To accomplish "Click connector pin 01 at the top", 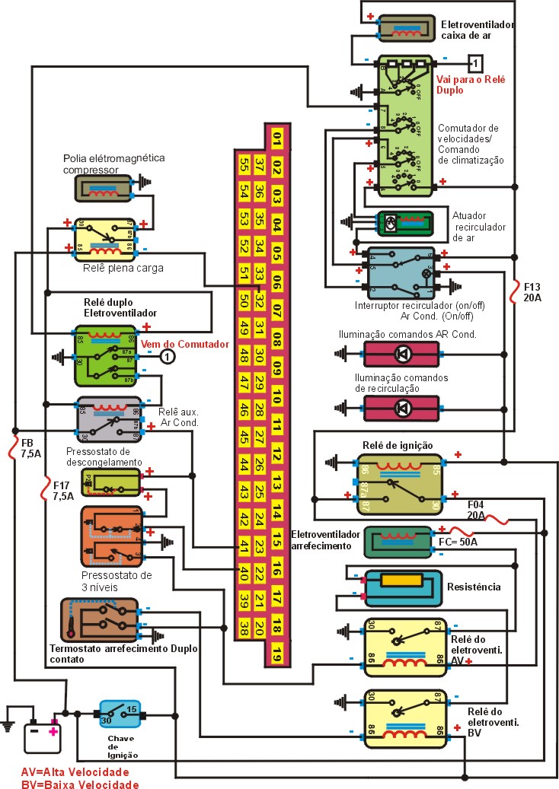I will [277, 139].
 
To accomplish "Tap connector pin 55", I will [244, 165].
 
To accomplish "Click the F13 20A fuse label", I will [532, 292].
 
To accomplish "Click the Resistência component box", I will [403, 587].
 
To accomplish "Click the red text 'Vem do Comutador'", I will [185, 345].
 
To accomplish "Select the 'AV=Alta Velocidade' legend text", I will [80, 772].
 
